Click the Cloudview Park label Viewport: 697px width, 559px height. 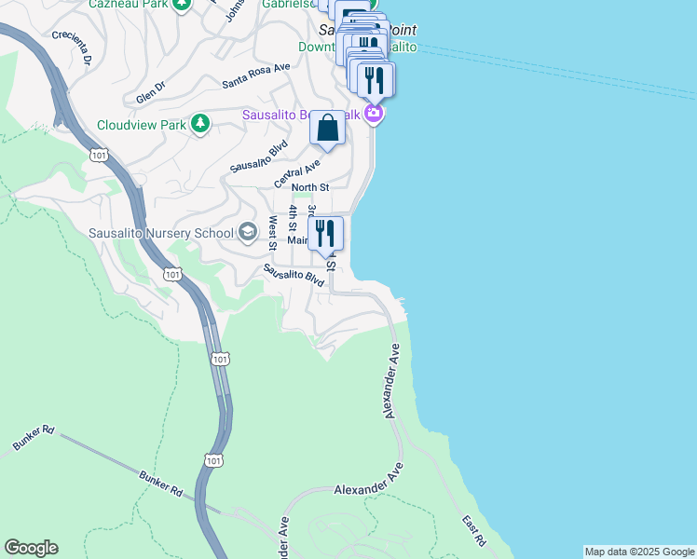coord(140,125)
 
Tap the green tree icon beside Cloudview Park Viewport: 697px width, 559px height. coord(199,124)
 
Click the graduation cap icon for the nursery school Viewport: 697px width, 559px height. coord(248,232)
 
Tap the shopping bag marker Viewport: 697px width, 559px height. coord(327,129)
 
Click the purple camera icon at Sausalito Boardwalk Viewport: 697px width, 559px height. coord(374,115)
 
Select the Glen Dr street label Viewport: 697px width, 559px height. coord(150,92)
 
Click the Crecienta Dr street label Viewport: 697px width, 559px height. coord(75,48)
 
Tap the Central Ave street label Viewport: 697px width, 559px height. coord(297,171)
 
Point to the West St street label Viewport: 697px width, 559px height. coord(272,233)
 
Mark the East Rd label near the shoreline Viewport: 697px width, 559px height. coord(473,530)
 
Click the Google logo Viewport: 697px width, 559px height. coord(31,548)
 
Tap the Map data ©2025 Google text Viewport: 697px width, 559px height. coord(639,552)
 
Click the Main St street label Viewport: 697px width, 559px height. coord(297,239)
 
